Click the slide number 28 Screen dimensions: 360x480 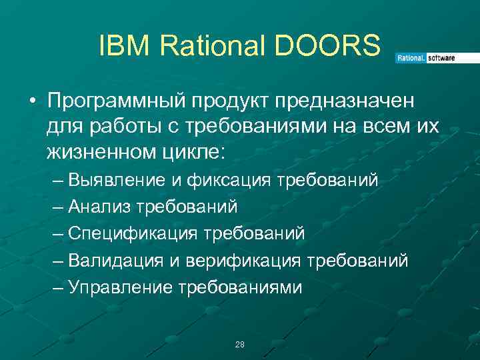pyautogui.click(x=240, y=345)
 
